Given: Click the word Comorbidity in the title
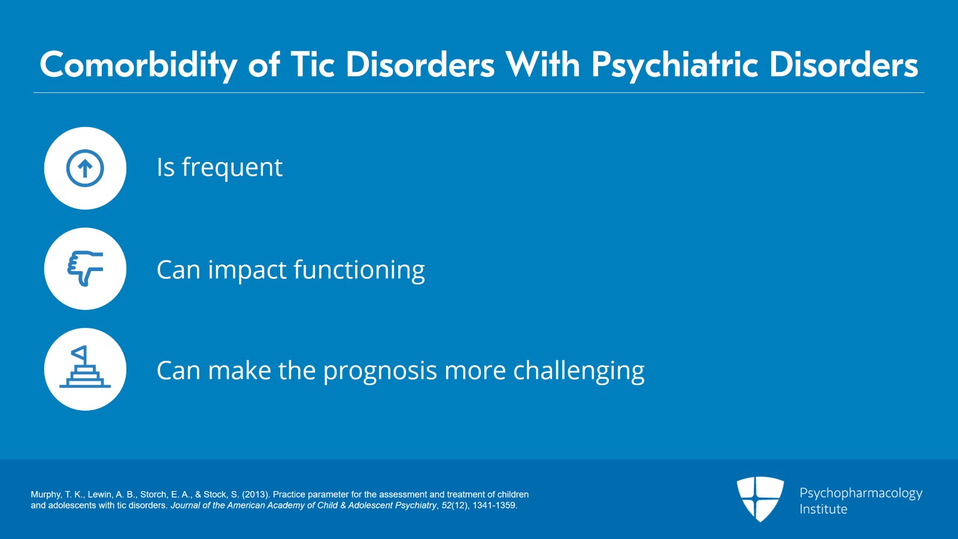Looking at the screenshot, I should pyautogui.click(x=138, y=65).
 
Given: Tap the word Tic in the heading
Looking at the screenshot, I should pyautogui.click(x=312, y=64).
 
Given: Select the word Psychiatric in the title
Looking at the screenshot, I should pyautogui.click(x=675, y=65).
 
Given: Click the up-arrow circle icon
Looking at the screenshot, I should pyautogui.click(x=85, y=168).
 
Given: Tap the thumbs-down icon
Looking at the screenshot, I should pyautogui.click(x=85, y=269).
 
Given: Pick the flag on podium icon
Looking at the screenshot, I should pyautogui.click(x=85, y=369).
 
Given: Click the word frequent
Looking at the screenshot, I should pyautogui.click(x=232, y=168).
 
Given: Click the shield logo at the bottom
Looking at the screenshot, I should pyautogui.click(x=760, y=499).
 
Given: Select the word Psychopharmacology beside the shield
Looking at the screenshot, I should pyautogui.click(x=860, y=493).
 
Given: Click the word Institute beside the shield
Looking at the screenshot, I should pyautogui.click(x=823, y=509).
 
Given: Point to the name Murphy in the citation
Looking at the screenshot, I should pyautogui.click(x=46, y=495).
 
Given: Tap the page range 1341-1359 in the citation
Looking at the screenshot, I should pyautogui.click(x=494, y=505).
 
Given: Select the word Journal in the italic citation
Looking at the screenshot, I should pyautogui.click(x=185, y=505).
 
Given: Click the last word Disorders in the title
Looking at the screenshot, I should pyautogui.click(x=843, y=64).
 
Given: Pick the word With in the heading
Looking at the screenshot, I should pyautogui.click(x=542, y=64).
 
